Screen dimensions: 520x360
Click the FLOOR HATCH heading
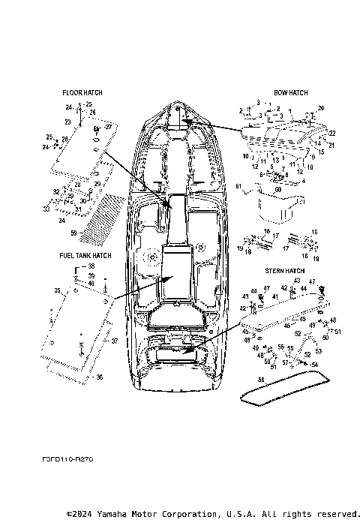tap(82, 93)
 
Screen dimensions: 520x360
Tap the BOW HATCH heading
tap(290, 93)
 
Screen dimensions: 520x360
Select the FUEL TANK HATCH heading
tap(85, 255)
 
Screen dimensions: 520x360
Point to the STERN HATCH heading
tap(284, 270)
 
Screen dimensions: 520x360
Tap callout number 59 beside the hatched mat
tap(73, 234)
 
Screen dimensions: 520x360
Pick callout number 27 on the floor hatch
tap(108, 128)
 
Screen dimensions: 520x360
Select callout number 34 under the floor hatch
tap(61, 221)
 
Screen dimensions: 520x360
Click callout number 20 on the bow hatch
tap(321, 109)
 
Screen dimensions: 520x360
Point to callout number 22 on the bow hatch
tap(332, 133)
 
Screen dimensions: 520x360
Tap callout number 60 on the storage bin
tap(277, 191)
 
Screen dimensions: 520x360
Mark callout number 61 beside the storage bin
tap(239, 185)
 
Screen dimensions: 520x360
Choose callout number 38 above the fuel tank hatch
tap(91, 266)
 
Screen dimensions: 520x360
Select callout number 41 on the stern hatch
tap(275, 297)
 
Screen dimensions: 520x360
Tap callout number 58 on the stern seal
tap(262, 381)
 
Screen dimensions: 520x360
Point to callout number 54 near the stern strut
tap(314, 364)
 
